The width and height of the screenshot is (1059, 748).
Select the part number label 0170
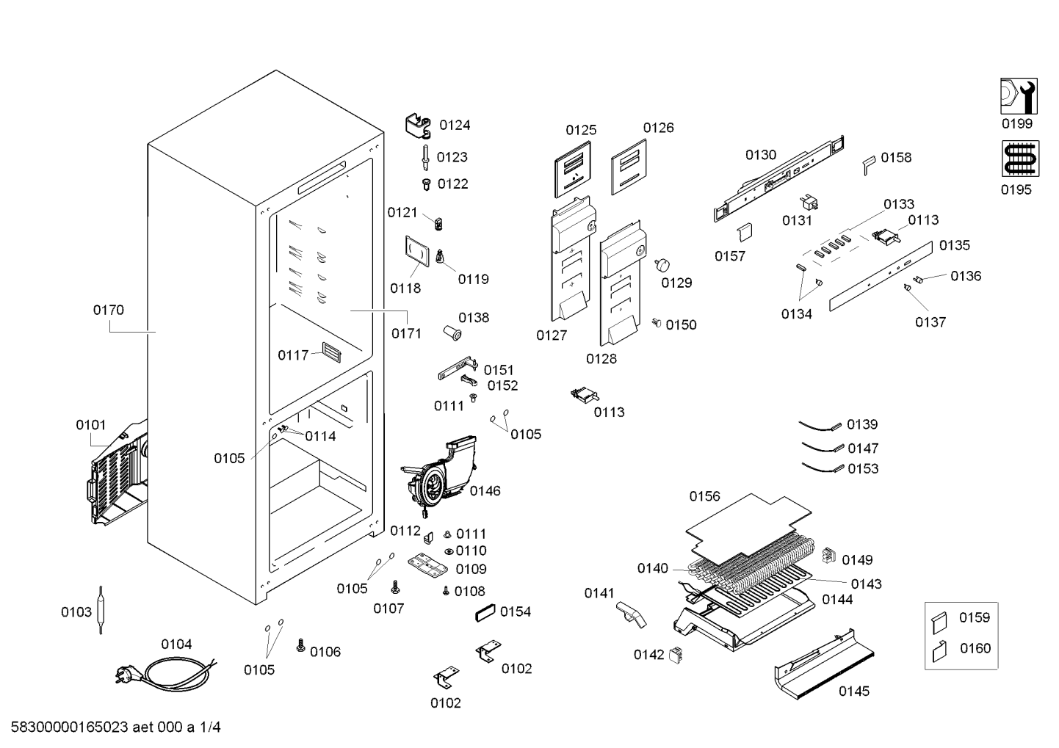pyautogui.click(x=108, y=310)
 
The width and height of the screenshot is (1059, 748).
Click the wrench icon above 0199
pyautogui.click(x=1019, y=96)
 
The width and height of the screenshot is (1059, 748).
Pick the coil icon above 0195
pyautogui.click(x=1020, y=159)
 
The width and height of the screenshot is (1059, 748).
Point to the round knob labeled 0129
pyautogui.click(x=662, y=264)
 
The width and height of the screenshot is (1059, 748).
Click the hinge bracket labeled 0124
pyautogui.click(x=419, y=126)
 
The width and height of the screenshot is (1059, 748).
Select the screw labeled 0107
pyautogui.click(x=396, y=587)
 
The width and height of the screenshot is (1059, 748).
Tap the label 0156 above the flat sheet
pyautogui.click(x=704, y=496)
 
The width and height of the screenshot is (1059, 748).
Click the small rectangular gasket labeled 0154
pyautogui.click(x=485, y=613)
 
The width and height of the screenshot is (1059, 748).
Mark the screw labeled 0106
pyautogui.click(x=300, y=645)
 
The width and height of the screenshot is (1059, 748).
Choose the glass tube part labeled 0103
pyautogui.click(x=101, y=610)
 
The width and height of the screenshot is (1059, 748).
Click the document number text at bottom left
pyautogui.click(x=116, y=727)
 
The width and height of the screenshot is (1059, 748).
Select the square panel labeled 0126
pyautogui.click(x=629, y=167)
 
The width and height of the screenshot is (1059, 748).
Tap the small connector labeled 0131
pyautogui.click(x=809, y=203)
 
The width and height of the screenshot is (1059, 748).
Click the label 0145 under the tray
pyautogui.click(x=854, y=691)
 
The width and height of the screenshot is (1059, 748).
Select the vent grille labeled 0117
pyautogui.click(x=331, y=352)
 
